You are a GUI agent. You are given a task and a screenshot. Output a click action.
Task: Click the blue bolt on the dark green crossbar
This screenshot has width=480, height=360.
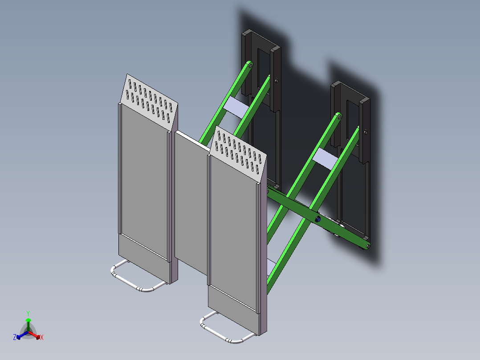[x=317, y=219]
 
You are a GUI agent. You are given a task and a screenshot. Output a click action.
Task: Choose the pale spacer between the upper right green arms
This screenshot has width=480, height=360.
[x=325, y=159]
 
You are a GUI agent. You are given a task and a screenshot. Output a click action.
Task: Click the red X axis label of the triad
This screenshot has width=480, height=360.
[x=42, y=338]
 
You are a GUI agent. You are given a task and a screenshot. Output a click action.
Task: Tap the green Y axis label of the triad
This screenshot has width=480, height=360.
[x=28, y=313]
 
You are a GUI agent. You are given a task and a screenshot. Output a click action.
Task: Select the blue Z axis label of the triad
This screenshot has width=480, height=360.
[x=15, y=337]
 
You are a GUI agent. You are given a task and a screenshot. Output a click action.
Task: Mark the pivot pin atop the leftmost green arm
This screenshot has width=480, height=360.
[x=250, y=65]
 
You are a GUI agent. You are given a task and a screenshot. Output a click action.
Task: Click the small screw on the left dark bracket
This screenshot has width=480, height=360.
[x=277, y=81]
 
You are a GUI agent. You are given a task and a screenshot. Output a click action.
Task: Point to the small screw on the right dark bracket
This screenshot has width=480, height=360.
[x=366, y=132]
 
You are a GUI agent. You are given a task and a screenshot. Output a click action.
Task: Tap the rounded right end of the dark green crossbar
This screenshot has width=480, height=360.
[x=366, y=245]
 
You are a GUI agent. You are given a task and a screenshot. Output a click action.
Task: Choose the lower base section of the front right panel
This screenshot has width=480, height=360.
[x=232, y=310]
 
